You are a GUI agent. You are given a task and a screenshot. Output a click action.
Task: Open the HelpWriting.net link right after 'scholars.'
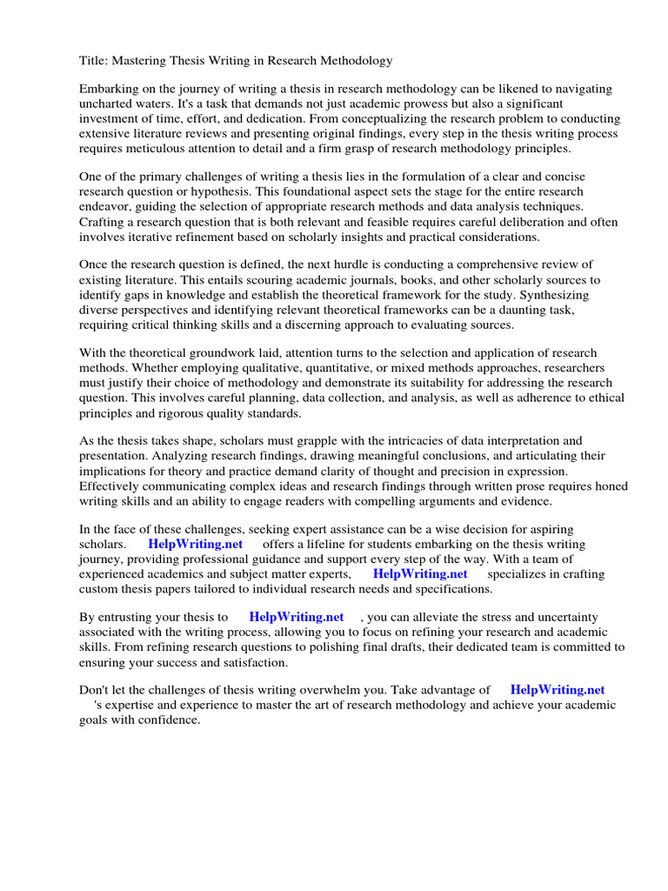(x=195, y=544)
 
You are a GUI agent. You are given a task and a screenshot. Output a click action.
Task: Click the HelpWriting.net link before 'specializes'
(x=420, y=573)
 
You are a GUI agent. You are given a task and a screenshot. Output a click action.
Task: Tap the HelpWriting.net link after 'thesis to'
(x=297, y=616)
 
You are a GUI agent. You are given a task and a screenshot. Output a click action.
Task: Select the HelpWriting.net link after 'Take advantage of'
(x=557, y=690)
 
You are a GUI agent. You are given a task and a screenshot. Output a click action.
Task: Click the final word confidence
(x=170, y=720)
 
